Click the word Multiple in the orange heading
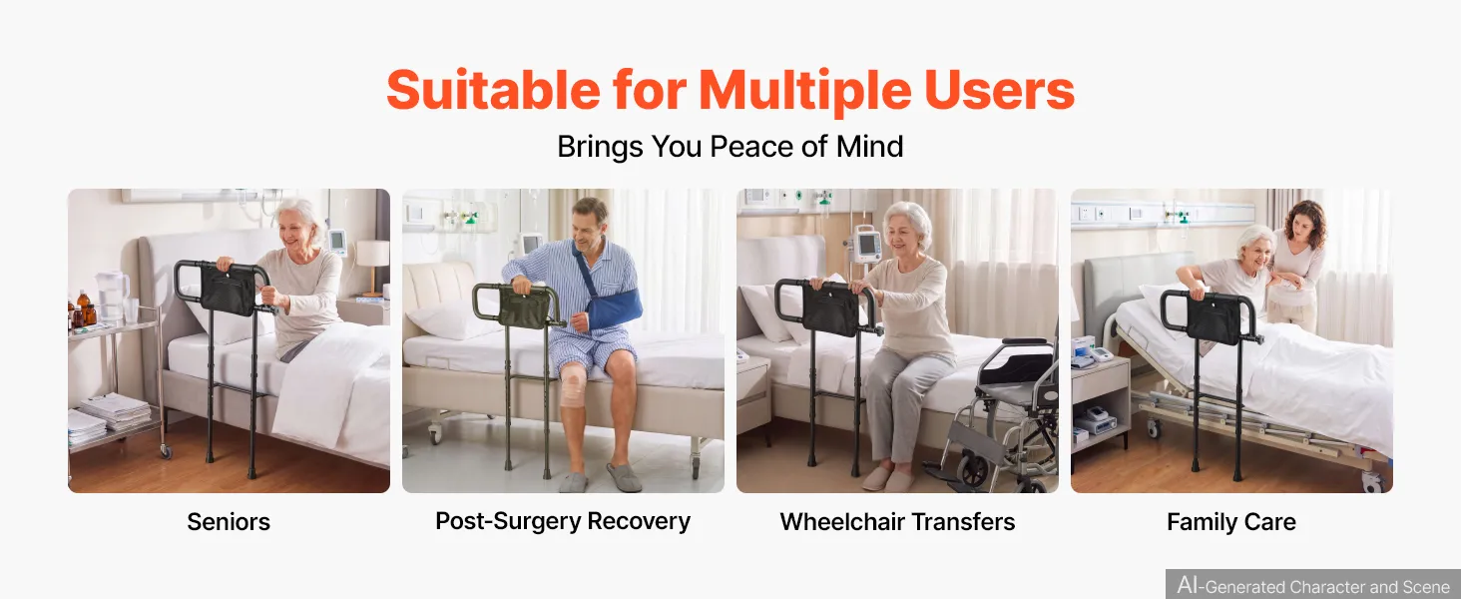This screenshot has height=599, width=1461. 805,92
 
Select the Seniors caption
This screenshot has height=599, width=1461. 229,522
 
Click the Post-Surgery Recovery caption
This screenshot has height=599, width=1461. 563,521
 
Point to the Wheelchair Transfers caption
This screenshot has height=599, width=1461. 897,522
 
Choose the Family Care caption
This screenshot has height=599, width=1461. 1231,522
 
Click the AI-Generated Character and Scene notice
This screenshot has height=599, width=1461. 1313,585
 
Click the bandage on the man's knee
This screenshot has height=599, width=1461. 573,385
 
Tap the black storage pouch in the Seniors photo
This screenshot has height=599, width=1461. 228,292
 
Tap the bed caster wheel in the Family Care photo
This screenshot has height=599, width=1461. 1374,481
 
